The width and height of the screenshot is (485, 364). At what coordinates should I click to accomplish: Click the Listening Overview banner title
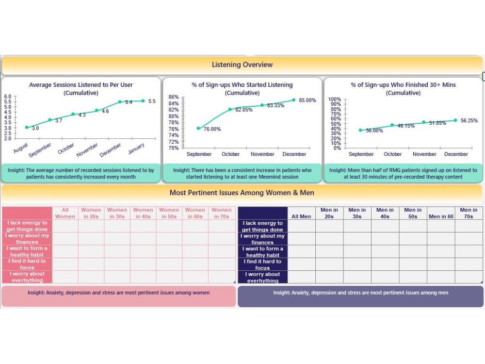click(242, 65)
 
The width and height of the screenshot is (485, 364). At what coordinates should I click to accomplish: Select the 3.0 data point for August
click(27, 127)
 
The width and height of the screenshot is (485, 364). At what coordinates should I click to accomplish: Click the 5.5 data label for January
click(152, 101)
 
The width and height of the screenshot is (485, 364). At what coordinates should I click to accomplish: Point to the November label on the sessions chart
click(87, 149)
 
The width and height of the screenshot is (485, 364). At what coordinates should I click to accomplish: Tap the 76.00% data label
click(212, 129)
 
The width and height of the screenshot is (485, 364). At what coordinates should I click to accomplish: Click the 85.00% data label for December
click(307, 100)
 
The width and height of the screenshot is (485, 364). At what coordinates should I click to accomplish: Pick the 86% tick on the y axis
click(174, 97)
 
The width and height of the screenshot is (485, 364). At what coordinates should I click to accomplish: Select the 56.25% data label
click(469, 121)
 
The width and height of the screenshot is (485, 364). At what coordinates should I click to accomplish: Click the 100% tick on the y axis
click(335, 99)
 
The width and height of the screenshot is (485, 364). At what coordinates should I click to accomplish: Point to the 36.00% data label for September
click(374, 131)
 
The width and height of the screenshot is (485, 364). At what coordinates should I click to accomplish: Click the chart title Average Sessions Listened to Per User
click(81, 85)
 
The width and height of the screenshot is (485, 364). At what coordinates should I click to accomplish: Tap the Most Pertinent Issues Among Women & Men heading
click(242, 193)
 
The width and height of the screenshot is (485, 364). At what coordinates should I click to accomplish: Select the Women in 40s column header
click(143, 213)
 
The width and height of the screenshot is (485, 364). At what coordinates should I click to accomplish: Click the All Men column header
click(301, 216)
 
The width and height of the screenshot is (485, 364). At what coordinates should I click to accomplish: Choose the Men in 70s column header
click(469, 213)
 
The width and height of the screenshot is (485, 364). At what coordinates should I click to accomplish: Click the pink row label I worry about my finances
click(27, 239)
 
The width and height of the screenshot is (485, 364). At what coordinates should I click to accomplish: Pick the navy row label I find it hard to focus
click(262, 265)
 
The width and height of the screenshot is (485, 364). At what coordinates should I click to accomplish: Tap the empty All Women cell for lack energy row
click(65, 226)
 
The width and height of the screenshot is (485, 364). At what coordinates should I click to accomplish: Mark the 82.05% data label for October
click(243, 110)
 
